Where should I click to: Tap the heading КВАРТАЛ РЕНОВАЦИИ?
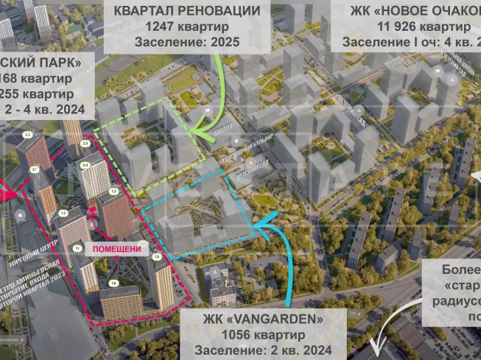pyautogui.click(x=186, y=10)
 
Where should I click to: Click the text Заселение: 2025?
pyautogui.click(x=186, y=42)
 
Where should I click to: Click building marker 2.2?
pyautogui.click(x=27, y=135)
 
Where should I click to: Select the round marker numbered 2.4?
pyautogui.click(x=85, y=165)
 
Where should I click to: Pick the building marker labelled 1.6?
pyautogui.click(x=113, y=283)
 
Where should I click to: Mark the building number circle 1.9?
pyautogui.click(x=156, y=256)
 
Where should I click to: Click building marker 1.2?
pyautogui.click(x=63, y=213)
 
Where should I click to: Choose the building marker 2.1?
pyautogui.click(x=34, y=169)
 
